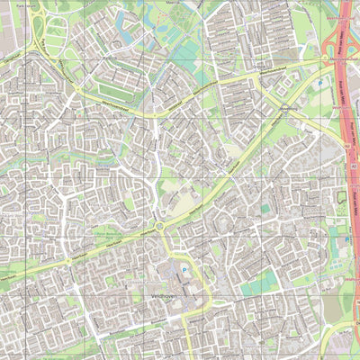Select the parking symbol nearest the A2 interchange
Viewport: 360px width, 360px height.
pos(319,83)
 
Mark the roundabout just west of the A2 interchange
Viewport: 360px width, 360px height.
pos(259,77)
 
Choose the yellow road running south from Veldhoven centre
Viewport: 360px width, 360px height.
pos(188,342)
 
